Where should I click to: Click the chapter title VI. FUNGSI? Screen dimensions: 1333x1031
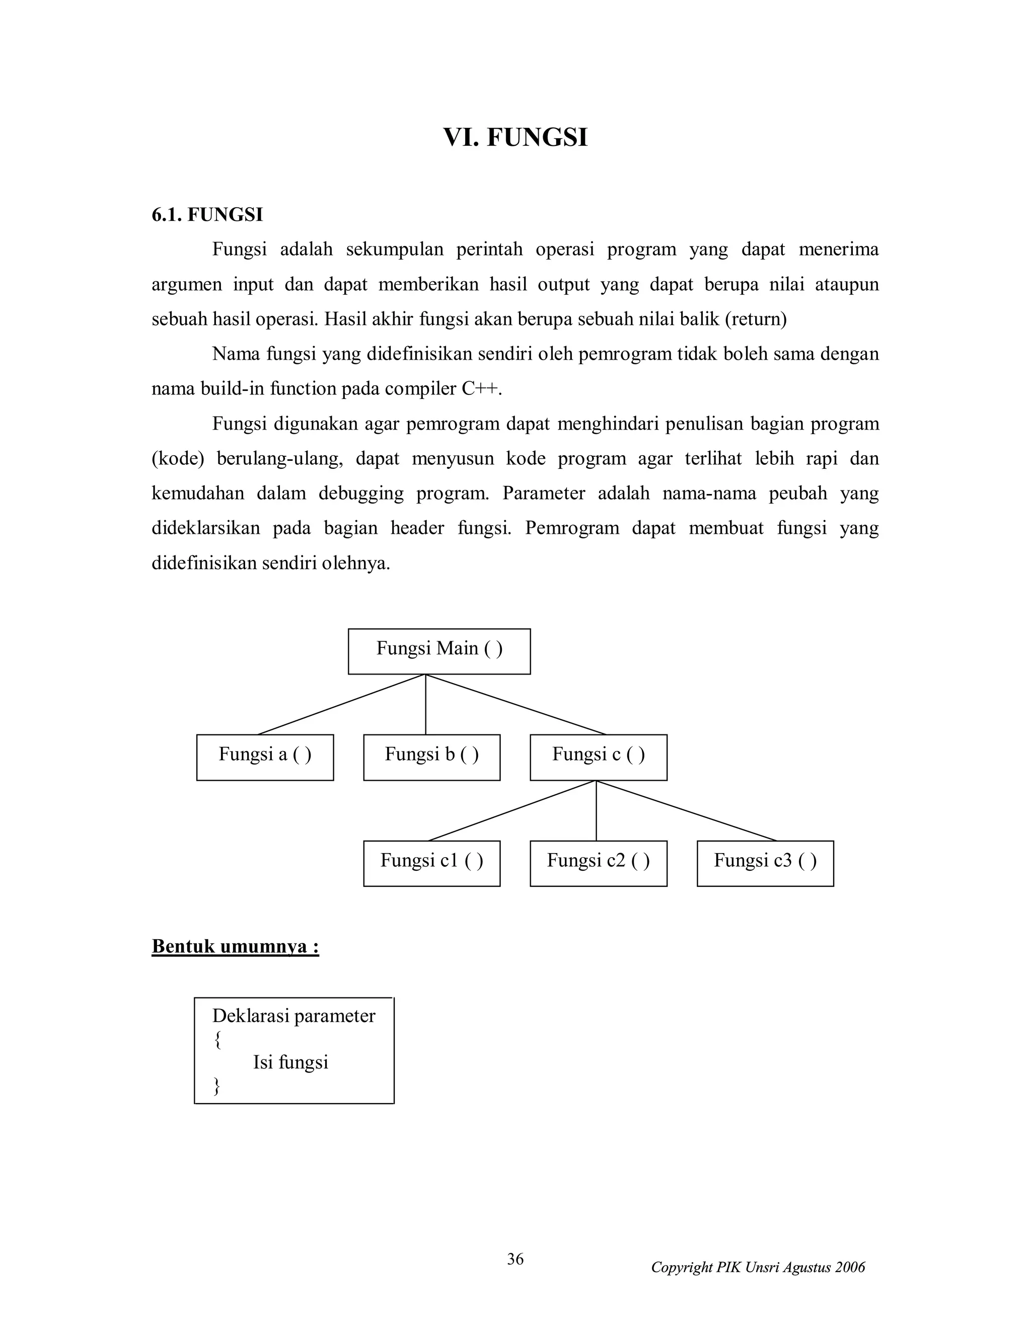pyautogui.click(x=515, y=137)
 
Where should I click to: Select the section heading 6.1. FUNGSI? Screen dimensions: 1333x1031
pyautogui.click(x=207, y=215)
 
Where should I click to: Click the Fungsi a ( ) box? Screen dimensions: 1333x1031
pyautogui.click(x=265, y=757)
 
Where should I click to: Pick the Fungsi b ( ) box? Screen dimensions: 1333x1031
pyautogui.click(x=432, y=757)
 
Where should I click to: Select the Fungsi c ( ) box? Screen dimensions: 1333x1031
pyautogui.click(x=599, y=757)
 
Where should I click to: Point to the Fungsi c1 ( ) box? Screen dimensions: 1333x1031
pyautogui.click(x=432, y=863)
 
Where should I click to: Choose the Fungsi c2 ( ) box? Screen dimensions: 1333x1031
pyautogui.click(x=599, y=863)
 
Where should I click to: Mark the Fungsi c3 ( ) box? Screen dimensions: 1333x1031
pyautogui.click(x=765, y=863)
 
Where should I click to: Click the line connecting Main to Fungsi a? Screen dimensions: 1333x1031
pyautogui.click(x=342, y=704)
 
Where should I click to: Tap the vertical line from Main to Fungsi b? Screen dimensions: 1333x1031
pyautogui.click(x=426, y=705)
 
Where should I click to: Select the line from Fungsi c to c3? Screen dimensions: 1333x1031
pyautogui.click(x=687, y=810)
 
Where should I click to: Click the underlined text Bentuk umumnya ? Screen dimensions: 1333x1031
pyautogui.click(x=235, y=947)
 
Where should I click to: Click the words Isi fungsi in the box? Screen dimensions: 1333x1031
pyautogui.click(x=291, y=1062)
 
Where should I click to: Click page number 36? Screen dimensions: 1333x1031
pyautogui.click(x=515, y=1259)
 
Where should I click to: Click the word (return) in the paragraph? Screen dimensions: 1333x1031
pyautogui.click(x=756, y=319)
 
